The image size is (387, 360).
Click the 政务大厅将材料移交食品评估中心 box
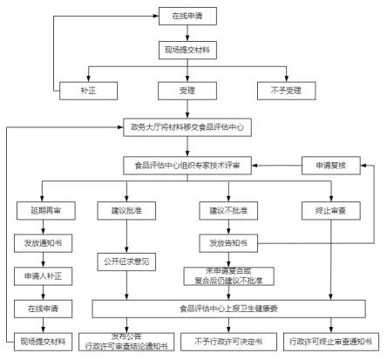pos(187,126)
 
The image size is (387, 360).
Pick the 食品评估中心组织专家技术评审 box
pos(187,164)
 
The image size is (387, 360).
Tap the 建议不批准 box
pos(227,210)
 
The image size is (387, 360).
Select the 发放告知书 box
pos(227,242)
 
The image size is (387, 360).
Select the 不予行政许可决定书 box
pos(227,340)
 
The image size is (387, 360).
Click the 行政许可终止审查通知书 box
pos(335,340)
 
